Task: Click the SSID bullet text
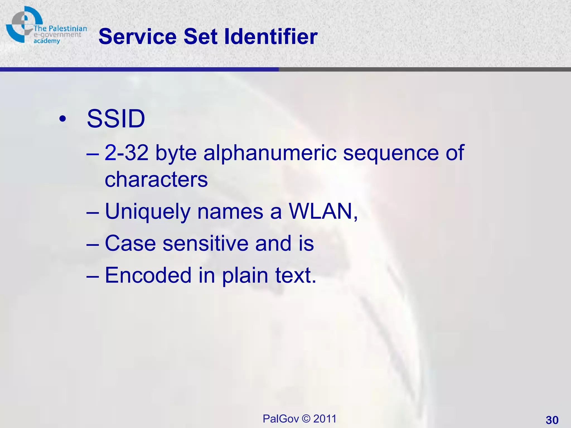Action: (x=116, y=119)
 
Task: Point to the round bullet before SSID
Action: (x=63, y=119)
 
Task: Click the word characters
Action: (x=156, y=179)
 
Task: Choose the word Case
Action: (x=130, y=243)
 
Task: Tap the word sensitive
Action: (x=205, y=243)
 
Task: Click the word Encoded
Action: (x=148, y=275)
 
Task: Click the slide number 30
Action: (x=552, y=420)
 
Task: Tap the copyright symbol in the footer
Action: (x=306, y=419)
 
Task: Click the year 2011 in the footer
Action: (x=325, y=419)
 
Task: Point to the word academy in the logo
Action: (x=47, y=41)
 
